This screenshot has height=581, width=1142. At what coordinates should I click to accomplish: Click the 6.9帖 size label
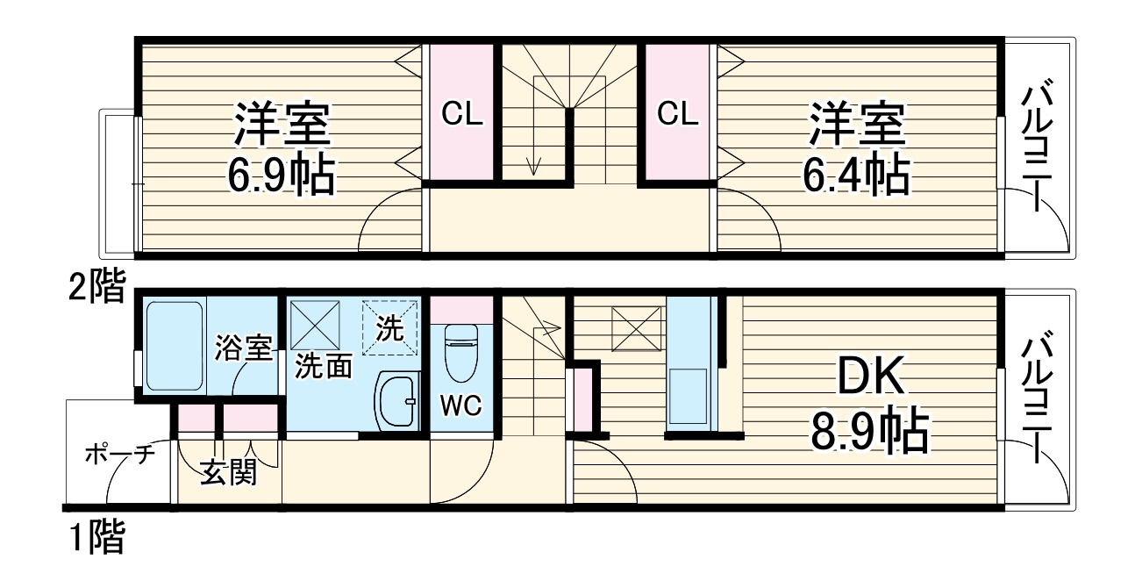tap(281, 176)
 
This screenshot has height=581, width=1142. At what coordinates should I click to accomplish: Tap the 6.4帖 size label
tap(855, 176)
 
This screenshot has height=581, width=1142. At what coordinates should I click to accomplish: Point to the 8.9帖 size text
tap(868, 431)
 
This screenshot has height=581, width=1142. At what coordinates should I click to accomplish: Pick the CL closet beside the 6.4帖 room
tap(678, 113)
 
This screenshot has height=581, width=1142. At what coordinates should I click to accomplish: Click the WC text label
tap(460, 406)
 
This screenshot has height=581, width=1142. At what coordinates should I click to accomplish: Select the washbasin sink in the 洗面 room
tap(398, 402)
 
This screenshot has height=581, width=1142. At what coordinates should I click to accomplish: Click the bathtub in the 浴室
tap(175, 346)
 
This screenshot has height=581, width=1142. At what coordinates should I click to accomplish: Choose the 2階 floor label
tap(96, 287)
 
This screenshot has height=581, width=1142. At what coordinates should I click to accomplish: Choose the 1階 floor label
tap(96, 536)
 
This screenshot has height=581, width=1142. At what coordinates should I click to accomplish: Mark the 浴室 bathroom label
tap(243, 348)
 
